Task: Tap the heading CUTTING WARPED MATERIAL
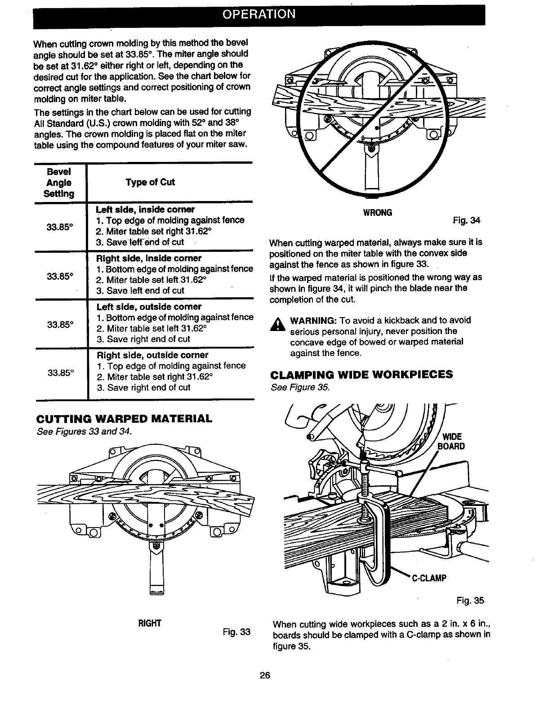tap(124, 419)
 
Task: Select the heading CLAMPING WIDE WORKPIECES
tap(361, 375)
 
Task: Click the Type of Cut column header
tap(150, 182)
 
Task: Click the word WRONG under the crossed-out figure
tap(377, 212)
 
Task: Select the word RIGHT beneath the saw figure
tap(150, 623)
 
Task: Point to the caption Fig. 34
tap(467, 220)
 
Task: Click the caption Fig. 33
tap(236, 631)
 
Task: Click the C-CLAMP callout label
tap(428, 578)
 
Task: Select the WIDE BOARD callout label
tap(453, 441)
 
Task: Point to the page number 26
tap(265, 675)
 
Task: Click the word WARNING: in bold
tap(314, 320)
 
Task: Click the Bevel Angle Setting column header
tap(59, 183)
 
